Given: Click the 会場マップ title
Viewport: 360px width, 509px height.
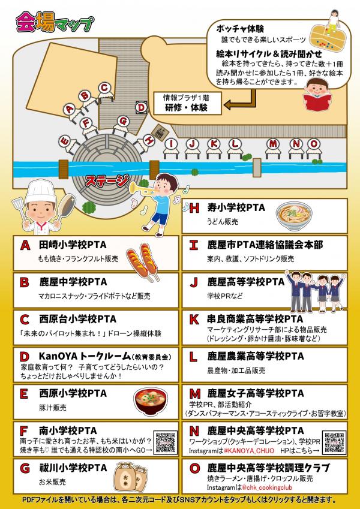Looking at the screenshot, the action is click(55, 22).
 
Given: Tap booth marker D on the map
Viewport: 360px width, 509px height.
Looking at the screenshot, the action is click(141, 107).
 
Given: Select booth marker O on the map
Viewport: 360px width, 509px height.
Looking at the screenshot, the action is click(314, 144).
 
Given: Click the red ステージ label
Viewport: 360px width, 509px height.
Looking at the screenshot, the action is click(107, 180).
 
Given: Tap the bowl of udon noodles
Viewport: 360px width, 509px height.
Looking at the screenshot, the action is click(294, 216).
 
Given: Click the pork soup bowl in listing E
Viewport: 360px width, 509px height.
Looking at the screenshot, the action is click(151, 402).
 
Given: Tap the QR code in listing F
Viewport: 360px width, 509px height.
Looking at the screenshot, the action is click(166, 442).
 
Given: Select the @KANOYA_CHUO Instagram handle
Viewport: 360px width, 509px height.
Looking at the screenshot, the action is click(248, 451).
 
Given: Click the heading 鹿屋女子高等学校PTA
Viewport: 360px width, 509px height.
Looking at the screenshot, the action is click(256, 393).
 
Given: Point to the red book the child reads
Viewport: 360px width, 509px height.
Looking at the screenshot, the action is click(317, 101).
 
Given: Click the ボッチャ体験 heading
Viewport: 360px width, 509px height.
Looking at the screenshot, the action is click(240, 29).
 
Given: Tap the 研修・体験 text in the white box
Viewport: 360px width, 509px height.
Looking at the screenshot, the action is click(186, 108).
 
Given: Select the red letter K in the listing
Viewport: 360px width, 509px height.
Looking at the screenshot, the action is click(194, 320).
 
